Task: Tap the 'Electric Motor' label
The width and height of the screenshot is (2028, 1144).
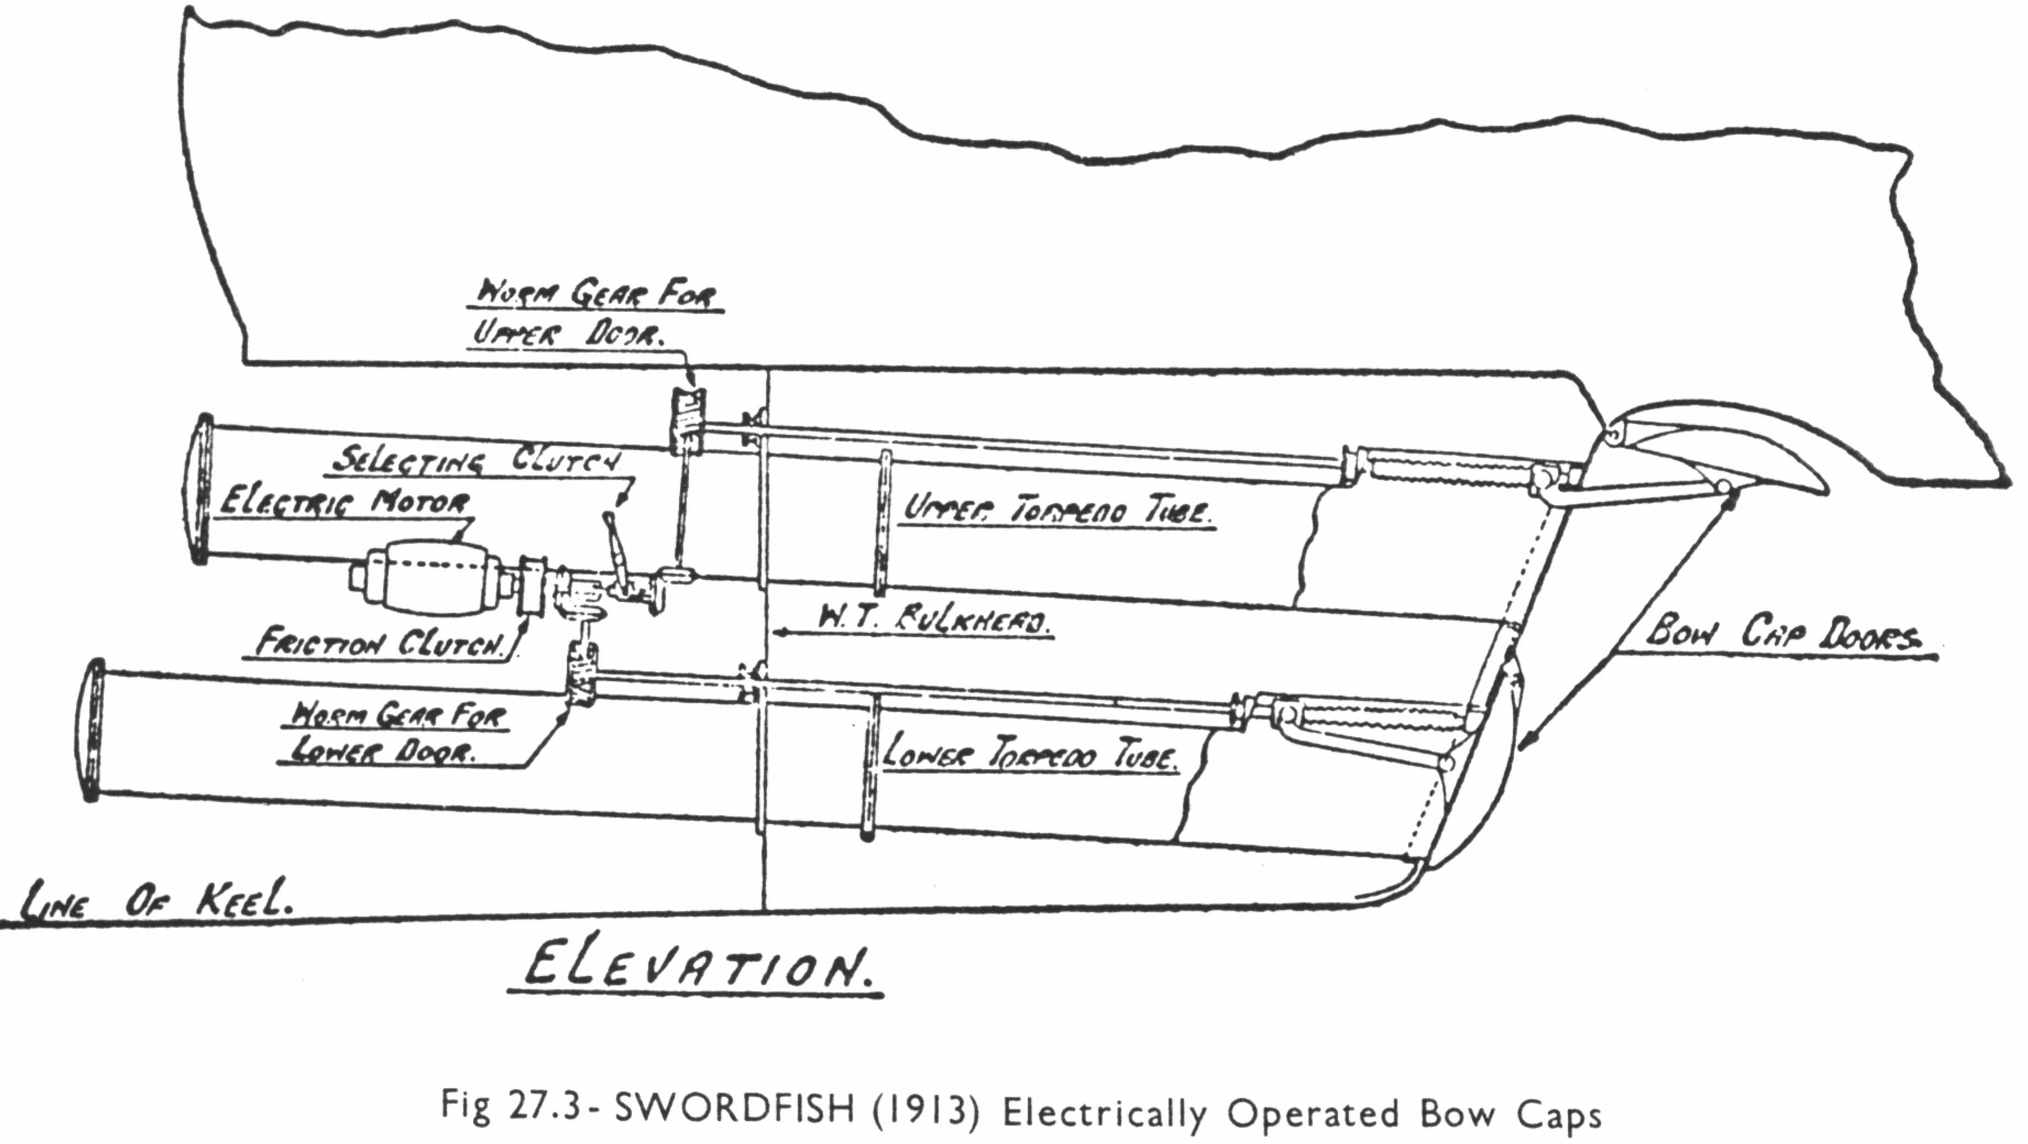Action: click(x=345, y=502)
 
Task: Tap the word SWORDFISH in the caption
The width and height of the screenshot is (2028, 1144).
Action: click(x=734, y=1110)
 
